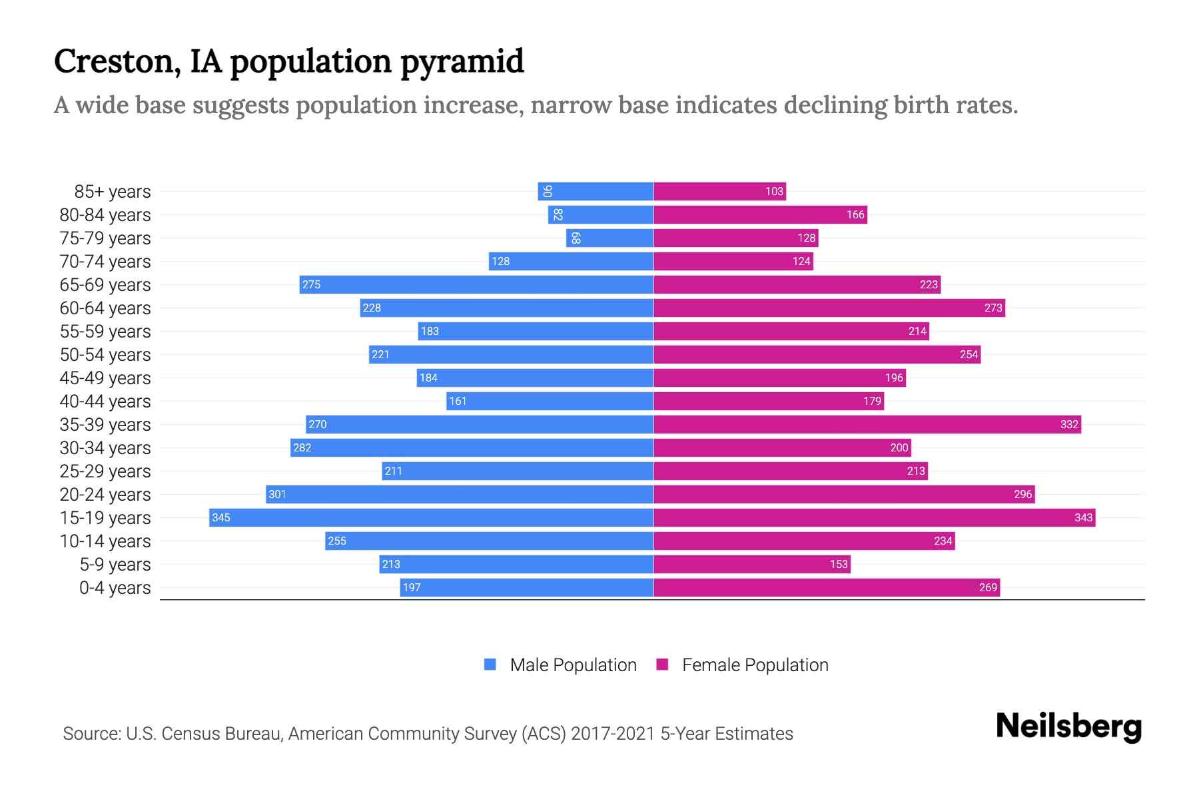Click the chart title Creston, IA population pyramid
pos(288,62)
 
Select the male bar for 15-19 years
pos(431,517)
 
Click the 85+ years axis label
pos(113,192)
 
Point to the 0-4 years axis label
pos(115,588)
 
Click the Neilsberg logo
pos(1068,726)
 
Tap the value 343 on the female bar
pos(1083,517)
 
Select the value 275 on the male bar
pos(311,284)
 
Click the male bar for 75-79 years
pos(609,238)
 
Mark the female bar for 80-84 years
pos(759,214)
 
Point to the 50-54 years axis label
pos(105,355)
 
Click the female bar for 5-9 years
pos(751,564)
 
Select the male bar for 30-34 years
pos(472,447)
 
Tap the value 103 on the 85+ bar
pos(773,191)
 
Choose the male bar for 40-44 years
pos(550,401)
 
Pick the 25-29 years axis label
pos(105,471)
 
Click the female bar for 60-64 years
pos(829,308)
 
